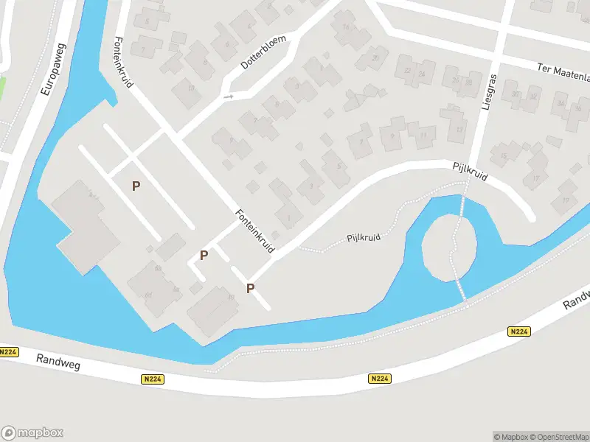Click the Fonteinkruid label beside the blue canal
(x=124, y=62)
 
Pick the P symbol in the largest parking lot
(x=136, y=186)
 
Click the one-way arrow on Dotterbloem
(x=229, y=97)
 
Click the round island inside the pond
(x=448, y=248)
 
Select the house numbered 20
(x=375, y=57)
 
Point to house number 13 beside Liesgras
(x=459, y=130)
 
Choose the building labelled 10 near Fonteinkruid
(x=231, y=297)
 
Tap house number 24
(x=422, y=74)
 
